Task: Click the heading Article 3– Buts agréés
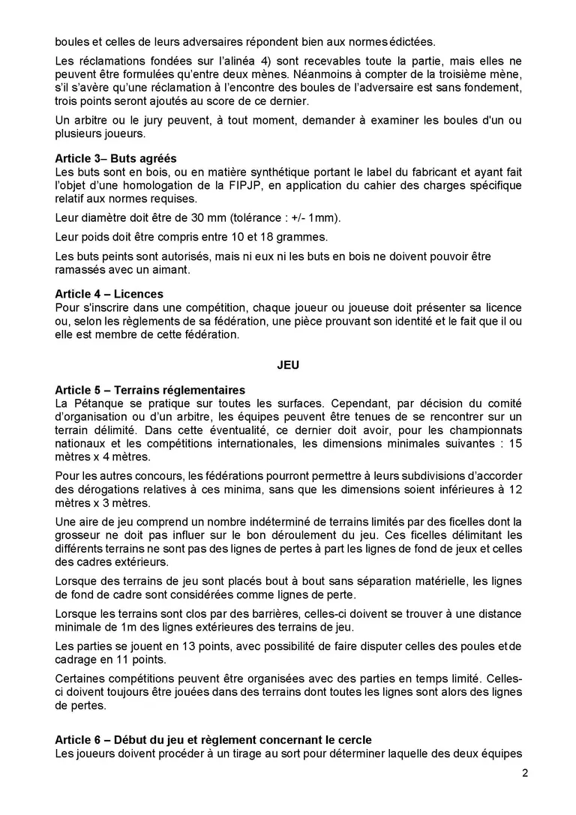pos(116,159)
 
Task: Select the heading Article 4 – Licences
pos(109,294)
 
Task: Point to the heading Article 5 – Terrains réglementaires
pos(150,391)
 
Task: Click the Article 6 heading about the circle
pos(213,741)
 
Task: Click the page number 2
pos(525,775)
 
